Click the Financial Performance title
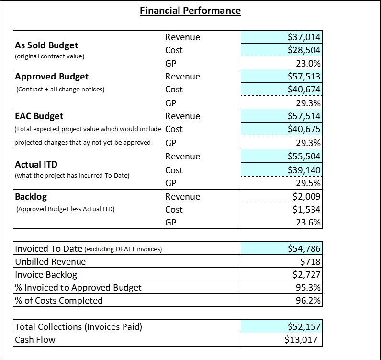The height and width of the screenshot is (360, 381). tap(190, 11)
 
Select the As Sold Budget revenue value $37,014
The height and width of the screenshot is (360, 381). tap(304, 37)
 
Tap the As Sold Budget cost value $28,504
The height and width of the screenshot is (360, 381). tap(304, 50)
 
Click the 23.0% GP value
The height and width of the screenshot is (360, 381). tap(308, 64)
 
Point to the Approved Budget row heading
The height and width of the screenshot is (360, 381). tap(52, 77)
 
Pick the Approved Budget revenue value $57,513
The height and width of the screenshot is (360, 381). tap(304, 76)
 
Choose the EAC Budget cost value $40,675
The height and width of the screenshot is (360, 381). tap(304, 129)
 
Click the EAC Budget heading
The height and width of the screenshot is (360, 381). tap(39, 116)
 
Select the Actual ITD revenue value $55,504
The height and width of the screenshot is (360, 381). tap(304, 156)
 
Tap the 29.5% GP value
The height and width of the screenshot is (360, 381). tap(308, 183)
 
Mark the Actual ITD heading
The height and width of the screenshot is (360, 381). tap(36, 165)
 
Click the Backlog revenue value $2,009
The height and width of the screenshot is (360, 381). tap(306, 196)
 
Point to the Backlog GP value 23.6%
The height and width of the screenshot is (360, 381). tap(308, 223)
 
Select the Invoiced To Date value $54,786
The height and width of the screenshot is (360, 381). tap(304, 248)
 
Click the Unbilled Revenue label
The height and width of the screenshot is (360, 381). tap(50, 261)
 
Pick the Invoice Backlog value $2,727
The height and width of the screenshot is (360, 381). tap(306, 274)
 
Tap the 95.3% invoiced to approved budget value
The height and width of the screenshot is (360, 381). tap(308, 288)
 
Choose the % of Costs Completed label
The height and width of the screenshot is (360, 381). tap(59, 301)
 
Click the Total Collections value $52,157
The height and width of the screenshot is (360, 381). tap(304, 326)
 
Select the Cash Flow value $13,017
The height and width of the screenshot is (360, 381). tap(301, 339)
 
